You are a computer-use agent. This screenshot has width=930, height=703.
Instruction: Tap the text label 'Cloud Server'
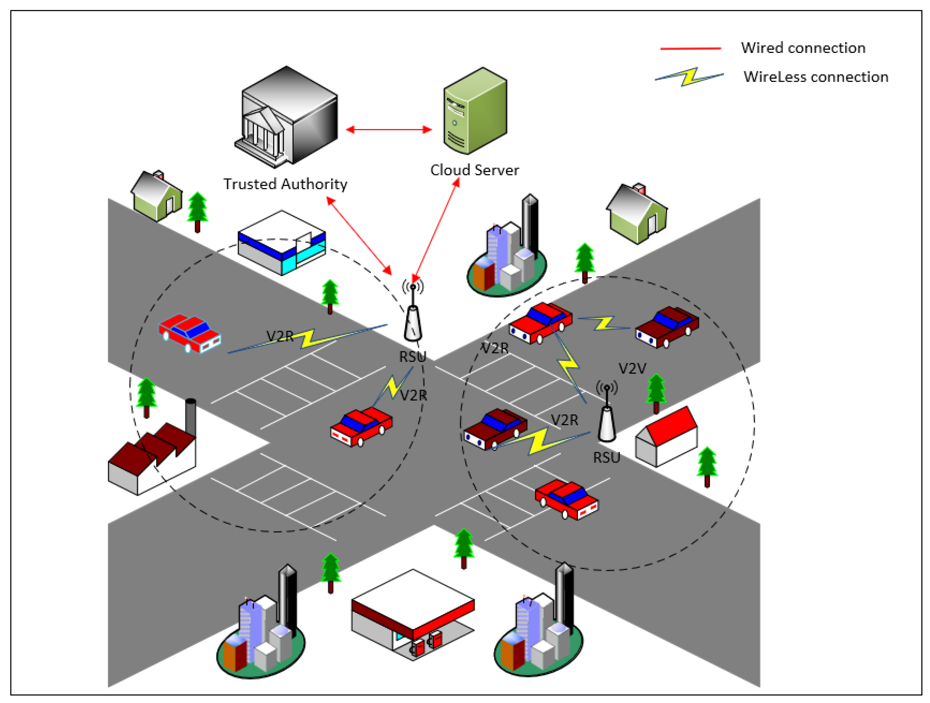(x=474, y=170)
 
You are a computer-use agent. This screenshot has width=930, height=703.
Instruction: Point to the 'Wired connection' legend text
(x=803, y=48)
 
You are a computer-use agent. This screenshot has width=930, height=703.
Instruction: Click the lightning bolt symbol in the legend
(x=690, y=77)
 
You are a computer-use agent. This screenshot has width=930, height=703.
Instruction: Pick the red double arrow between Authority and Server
(x=389, y=129)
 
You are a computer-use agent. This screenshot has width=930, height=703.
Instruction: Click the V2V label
(x=632, y=368)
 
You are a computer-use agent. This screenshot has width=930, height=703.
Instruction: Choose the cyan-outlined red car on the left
(x=190, y=333)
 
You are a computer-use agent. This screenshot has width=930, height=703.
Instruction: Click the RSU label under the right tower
(x=606, y=457)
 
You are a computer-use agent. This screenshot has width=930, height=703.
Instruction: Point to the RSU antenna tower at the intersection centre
(x=413, y=319)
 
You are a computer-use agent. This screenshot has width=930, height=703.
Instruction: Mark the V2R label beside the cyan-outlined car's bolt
(x=279, y=336)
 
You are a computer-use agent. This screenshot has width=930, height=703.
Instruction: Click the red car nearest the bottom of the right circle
(x=566, y=499)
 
